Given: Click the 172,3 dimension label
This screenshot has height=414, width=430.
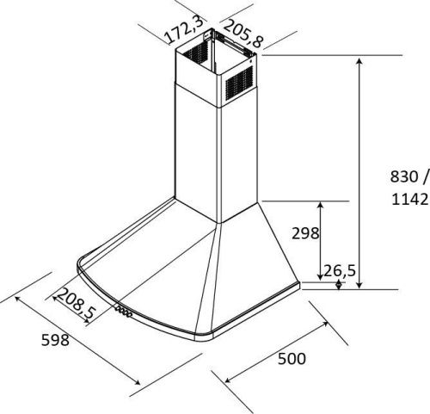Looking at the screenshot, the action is coord(184,29).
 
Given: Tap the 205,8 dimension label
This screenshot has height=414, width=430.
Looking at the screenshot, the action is coord(243,34).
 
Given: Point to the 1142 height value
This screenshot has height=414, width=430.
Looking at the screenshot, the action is coord(410,199).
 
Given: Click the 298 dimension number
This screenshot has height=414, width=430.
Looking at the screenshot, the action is coord(305,233).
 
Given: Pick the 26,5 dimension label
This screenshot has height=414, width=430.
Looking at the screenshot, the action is coord(340,270).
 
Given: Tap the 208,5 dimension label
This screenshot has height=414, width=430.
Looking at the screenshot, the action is coord(76,304).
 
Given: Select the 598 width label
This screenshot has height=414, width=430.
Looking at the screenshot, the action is coord(55,340).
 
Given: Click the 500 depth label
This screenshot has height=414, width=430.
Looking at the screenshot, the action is coord(292,359).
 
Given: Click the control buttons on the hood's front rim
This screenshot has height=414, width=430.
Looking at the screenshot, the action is coord(124,312).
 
